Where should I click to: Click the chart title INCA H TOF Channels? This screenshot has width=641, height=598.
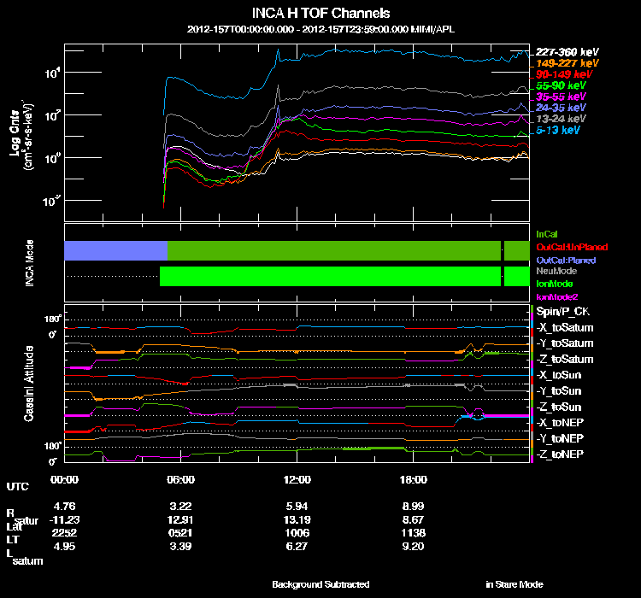pyautogui.click(x=320, y=13)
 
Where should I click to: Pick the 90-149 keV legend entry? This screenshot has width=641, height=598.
pyautogui.click(x=565, y=74)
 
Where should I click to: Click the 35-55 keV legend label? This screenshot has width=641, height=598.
pyautogui.click(x=562, y=97)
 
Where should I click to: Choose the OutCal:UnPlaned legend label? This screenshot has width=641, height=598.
pyautogui.click(x=572, y=247)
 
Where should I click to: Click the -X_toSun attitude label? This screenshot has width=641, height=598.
pyautogui.click(x=561, y=375)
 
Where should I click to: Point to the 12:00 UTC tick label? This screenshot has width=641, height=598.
pyautogui.click(x=297, y=478)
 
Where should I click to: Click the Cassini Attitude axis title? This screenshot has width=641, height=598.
pyautogui.click(x=29, y=384)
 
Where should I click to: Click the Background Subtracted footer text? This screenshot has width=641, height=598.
pyautogui.click(x=320, y=584)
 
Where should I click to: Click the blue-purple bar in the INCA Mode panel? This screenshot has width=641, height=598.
pyautogui.click(x=115, y=250)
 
